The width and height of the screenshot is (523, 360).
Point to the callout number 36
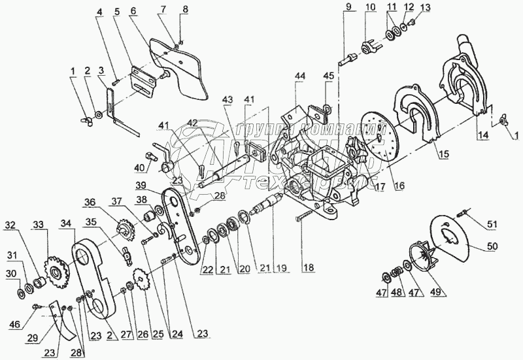[x=90, y=202]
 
